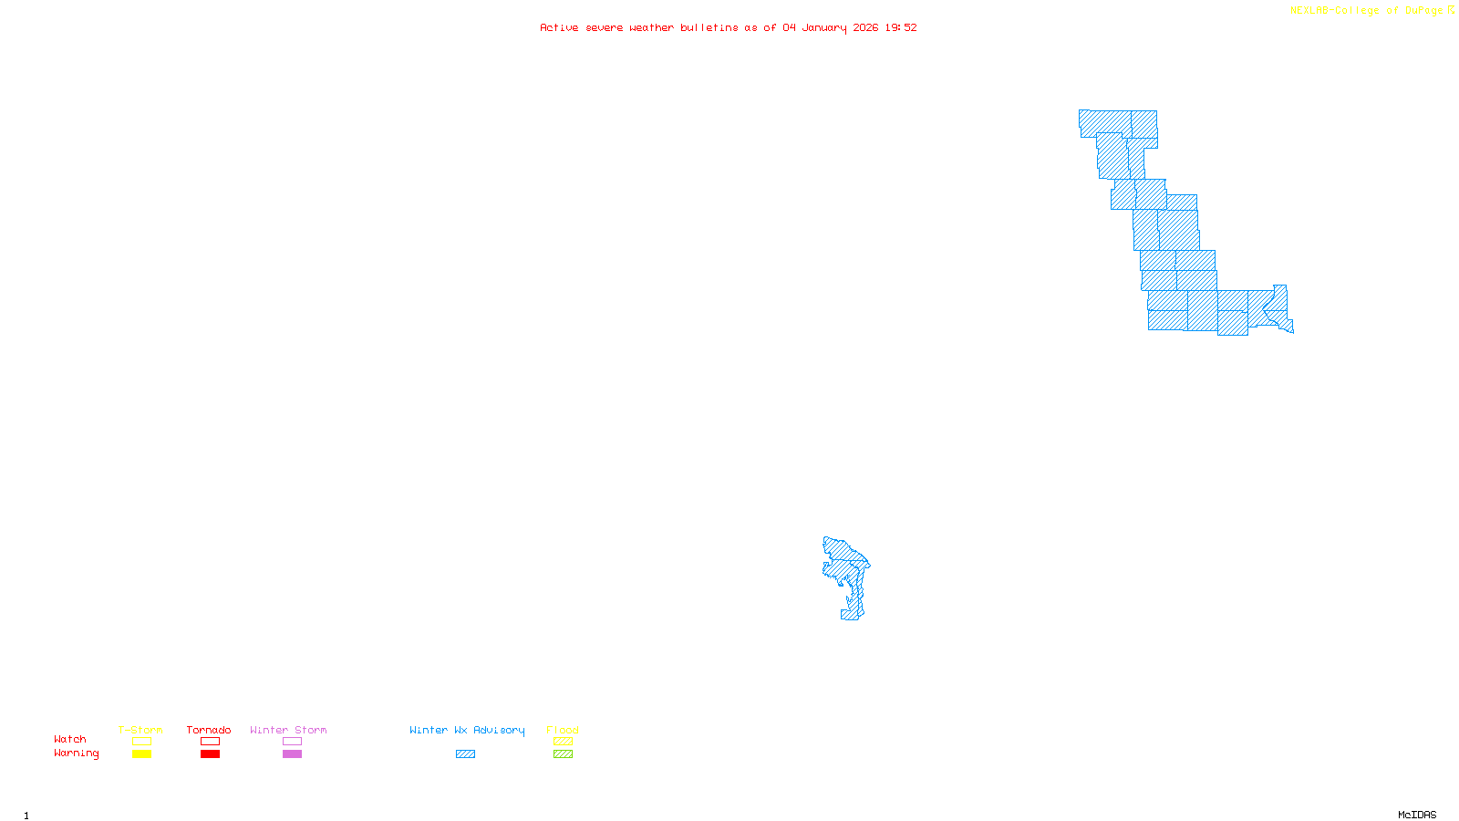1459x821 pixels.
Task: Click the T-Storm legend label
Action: coord(140,730)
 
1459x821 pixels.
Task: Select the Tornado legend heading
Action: coord(209,730)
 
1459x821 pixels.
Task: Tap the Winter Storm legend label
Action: coord(288,730)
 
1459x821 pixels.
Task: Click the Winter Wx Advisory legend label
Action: coord(467,730)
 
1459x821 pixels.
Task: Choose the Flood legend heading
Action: coord(563,730)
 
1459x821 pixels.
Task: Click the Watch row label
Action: coord(70,740)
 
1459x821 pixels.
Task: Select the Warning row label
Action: coord(76,753)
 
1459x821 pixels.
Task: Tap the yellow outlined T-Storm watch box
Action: coord(141,742)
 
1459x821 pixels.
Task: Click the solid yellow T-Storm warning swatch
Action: coord(141,754)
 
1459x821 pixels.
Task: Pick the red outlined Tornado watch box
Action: coord(210,742)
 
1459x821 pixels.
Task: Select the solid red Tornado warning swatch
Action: coord(210,754)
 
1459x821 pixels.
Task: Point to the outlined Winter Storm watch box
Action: coord(292,742)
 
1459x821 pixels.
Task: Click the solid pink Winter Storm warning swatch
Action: coord(292,754)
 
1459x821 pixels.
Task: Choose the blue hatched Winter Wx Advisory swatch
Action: coord(465,754)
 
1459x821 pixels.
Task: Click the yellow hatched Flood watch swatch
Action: coord(563,742)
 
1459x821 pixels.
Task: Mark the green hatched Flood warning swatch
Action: coord(563,754)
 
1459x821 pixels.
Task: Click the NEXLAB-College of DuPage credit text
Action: coord(1367,11)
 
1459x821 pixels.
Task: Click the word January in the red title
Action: coord(824,28)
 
